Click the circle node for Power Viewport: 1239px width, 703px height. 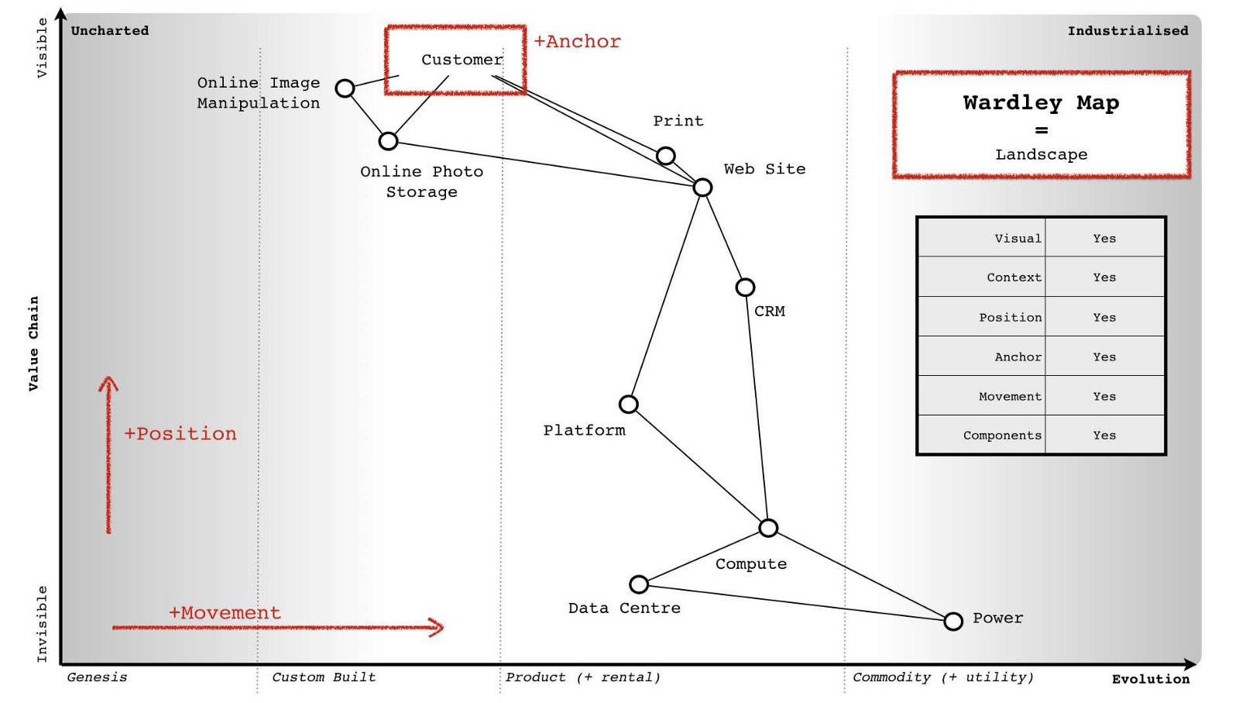coord(953,621)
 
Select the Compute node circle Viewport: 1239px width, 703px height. coord(768,528)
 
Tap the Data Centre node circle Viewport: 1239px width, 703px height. coord(639,584)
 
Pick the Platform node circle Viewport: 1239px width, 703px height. coord(629,404)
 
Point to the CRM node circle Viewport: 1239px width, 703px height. coord(745,288)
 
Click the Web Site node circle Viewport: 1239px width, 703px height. coord(702,188)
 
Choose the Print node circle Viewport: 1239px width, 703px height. coord(665,156)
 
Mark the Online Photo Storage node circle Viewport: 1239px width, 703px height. coord(388,141)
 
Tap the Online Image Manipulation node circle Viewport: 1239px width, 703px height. coord(345,88)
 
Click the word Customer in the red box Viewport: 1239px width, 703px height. coord(462,60)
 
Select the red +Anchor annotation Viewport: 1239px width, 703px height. coord(577,42)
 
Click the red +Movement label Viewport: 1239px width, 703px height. coord(225,612)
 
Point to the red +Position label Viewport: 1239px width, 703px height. coord(180,433)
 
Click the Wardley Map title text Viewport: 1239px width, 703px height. coord(1041,102)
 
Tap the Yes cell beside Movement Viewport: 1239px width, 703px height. coord(1104,396)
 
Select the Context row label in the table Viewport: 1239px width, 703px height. coord(1014,277)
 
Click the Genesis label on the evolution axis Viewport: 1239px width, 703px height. coord(97,677)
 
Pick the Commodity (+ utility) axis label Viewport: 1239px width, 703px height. coord(942,677)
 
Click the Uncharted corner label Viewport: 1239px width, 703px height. coord(110,31)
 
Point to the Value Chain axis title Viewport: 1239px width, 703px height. coord(33,343)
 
